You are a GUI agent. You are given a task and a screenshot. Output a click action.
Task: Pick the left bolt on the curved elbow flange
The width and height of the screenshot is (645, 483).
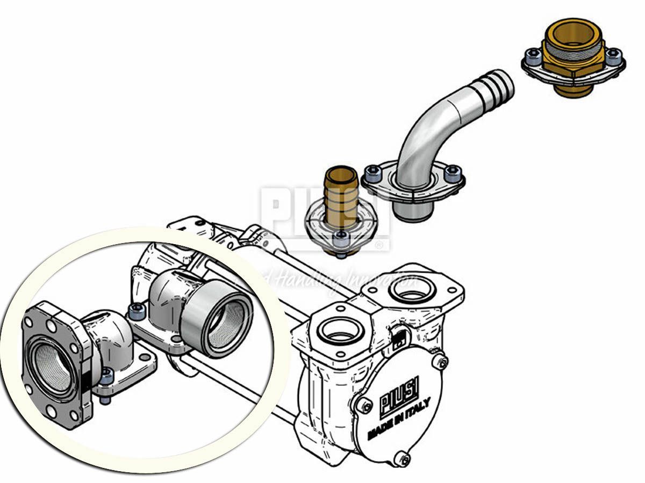point(372,173)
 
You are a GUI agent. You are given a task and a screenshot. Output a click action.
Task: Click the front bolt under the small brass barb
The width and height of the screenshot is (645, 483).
point(341,240)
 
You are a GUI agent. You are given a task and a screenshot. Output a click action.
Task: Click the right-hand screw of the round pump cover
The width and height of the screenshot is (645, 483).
point(441,363)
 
